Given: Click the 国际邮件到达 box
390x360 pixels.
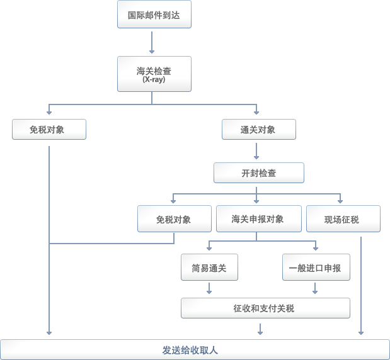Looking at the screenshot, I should point(154,15).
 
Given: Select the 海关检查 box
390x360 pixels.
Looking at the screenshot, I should point(154,74).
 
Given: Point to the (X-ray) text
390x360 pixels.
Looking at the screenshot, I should point(154,80).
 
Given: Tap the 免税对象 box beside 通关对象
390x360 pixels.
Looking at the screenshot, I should point(49,130).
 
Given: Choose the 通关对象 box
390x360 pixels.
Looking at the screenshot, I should point(258,130).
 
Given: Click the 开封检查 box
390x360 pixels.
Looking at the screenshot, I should point(258,172).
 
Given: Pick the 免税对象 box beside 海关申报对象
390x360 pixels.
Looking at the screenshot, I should point(174,219).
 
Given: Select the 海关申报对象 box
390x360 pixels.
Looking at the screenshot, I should point(258,219).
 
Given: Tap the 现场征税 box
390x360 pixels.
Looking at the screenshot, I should point(342,219).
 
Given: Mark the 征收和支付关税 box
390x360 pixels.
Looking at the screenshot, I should point(265,308).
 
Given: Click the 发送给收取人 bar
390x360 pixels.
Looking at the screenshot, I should point(195,349).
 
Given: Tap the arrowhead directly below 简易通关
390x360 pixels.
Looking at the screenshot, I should point(209,291).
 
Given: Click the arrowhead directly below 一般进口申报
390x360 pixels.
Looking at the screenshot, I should point(315,291).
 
